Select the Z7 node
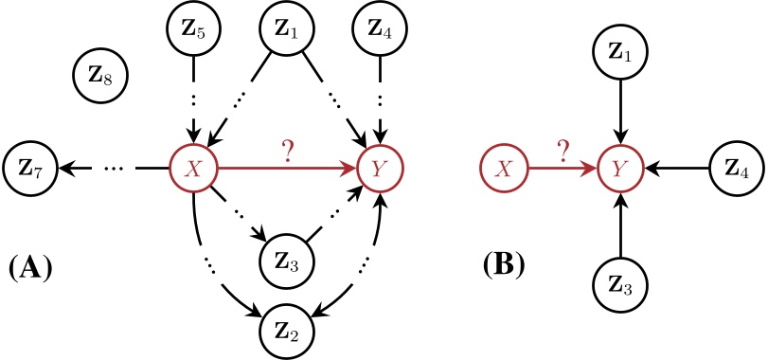[30, 169]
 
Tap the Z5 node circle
[194, 27]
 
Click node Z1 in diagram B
[620, 52]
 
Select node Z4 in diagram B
[736, 170]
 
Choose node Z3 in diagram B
[620, 286]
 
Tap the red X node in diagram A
[194, 170]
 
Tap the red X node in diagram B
[505, 170]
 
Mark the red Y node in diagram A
[380, 170]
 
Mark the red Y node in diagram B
[620, 170]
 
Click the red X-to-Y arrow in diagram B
[563, 170]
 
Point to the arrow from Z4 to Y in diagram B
[678, 170]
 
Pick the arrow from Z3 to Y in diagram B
[620, 227]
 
